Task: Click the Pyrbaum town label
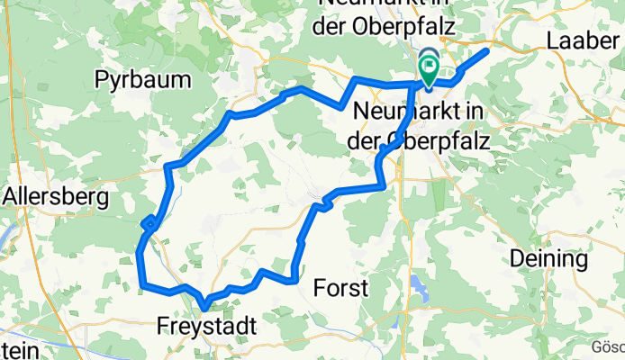pyautogui.click(x=143, y=80)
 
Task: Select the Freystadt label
pyautogui.click(x=205, y=324)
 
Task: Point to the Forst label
pyautogui.click(x=341, y=288)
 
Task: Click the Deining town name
pyautogui.click(x=548, y=259)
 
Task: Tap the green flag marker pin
pyautogui.click(x=428, y=68)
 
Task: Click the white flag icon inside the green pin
pyautogui.click(x=429, y=64)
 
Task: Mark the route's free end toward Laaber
pyautogui.click(x=486, y=50)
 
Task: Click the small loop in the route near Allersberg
pyautogui.click(x=149, y=220)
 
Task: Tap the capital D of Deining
pyautogui.click(x=517, y=259)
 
